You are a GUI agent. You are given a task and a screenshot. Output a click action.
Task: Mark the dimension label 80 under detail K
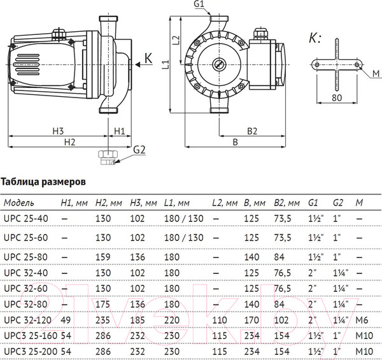click(336, 98)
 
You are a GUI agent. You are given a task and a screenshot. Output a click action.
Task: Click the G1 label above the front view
click(199, 5)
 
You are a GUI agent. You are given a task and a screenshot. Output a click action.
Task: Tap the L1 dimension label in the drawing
click(164, 64)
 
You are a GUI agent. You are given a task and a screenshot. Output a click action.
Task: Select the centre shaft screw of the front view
click(220, 64)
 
